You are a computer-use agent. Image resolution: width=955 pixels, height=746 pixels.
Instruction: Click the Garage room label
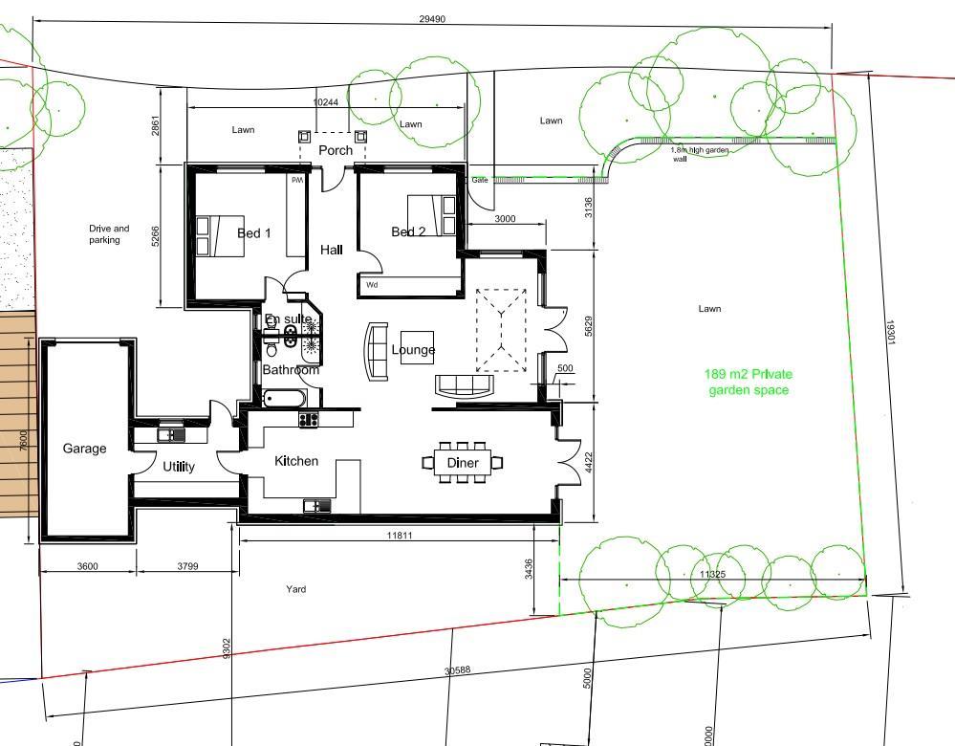[84, 449]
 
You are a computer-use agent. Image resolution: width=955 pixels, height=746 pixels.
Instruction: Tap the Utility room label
[179, 467]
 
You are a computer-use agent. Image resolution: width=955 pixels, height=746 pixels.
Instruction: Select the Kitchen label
[296, 461]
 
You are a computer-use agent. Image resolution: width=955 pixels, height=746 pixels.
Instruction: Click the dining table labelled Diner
[463, 463]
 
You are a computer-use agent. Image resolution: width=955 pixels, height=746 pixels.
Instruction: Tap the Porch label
[336, 150]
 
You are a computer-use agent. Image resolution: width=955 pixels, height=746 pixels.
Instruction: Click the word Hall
[332, 250]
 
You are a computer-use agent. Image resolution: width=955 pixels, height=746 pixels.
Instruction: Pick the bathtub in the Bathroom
[284, 397]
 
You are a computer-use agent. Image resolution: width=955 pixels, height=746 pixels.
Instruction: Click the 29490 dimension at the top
[432, 19]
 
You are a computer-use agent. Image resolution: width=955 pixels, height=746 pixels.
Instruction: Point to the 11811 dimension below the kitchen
[400, 536]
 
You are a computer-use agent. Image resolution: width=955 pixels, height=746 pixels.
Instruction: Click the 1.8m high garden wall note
[685, 154]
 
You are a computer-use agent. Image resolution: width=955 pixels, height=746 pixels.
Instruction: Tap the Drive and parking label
[108, 234]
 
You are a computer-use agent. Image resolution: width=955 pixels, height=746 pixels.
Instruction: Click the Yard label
[296, 589]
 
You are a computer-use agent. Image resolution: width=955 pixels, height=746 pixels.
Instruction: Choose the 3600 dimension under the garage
[87, 566]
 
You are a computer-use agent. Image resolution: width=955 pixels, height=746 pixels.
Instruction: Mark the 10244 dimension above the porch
[326, 101]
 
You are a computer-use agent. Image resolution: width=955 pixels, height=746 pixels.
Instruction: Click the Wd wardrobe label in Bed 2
[371, 284]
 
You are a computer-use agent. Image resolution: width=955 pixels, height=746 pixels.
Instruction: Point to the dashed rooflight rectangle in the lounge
[501, 330]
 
